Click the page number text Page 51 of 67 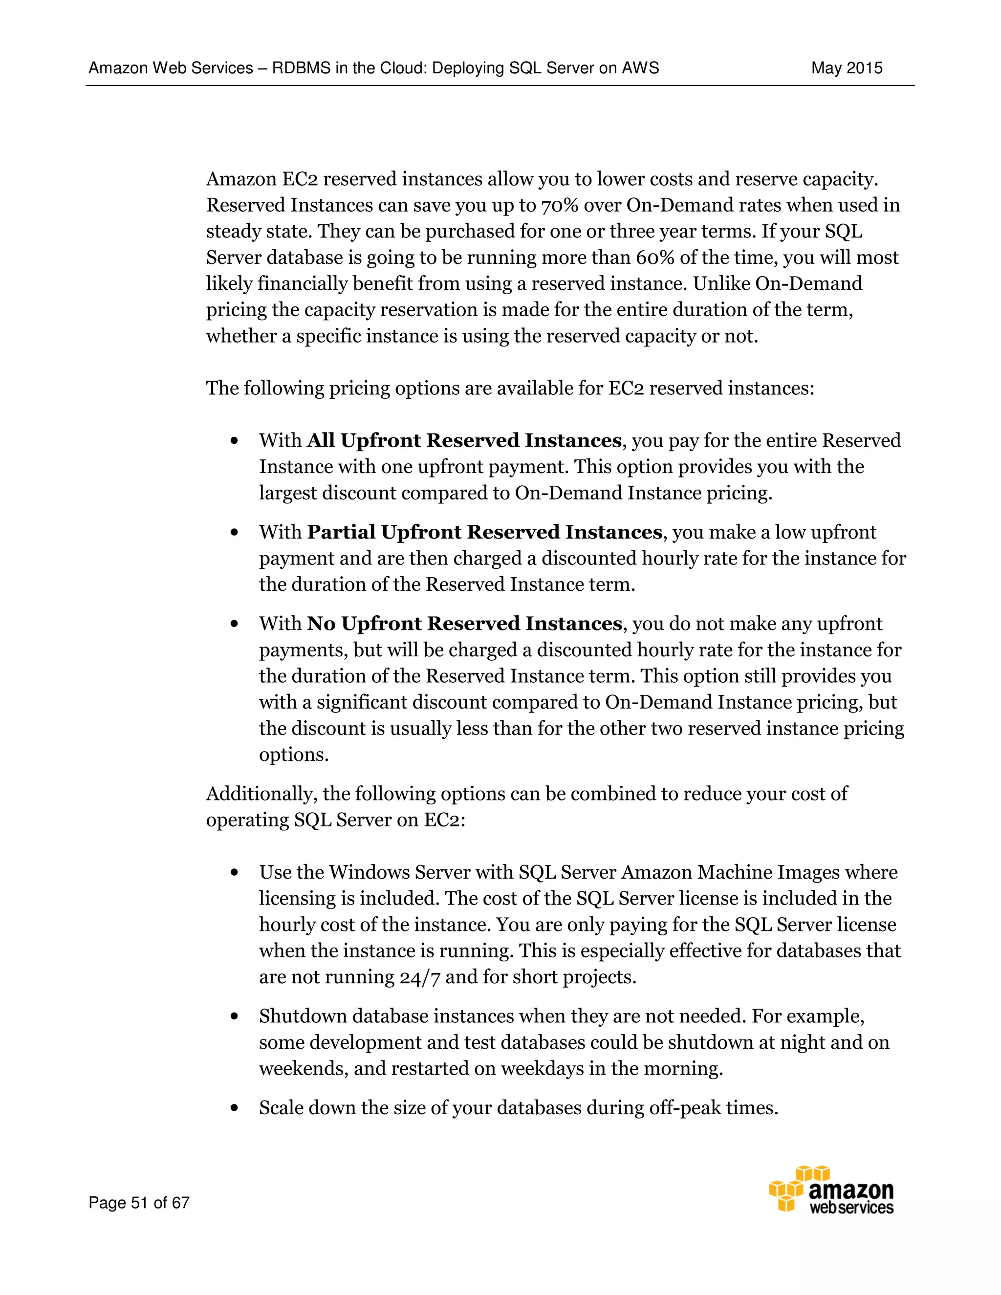(139, 1203)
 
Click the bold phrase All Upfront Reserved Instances (464, 441)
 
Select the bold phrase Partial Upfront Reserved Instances (484, 532)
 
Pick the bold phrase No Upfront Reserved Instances (464, 624)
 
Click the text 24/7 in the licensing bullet (419, 977)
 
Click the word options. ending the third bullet (294, 755)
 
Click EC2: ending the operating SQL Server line (444, 820)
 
